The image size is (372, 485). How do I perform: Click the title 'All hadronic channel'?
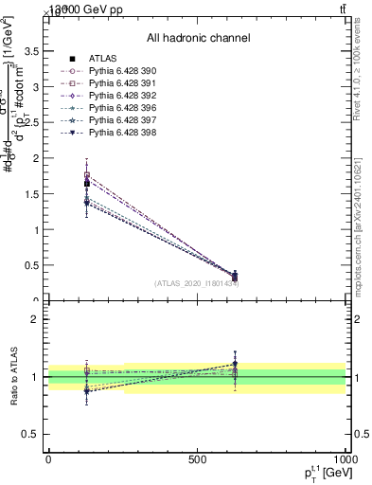(198, 39)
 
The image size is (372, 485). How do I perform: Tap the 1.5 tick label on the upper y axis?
(34, 182)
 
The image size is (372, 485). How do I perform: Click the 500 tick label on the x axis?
(197, 458)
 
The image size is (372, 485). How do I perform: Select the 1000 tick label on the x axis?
(344, 458)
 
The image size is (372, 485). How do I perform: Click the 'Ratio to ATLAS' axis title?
(12, 377)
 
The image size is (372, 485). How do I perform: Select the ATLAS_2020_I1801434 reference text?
(197, 283)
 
